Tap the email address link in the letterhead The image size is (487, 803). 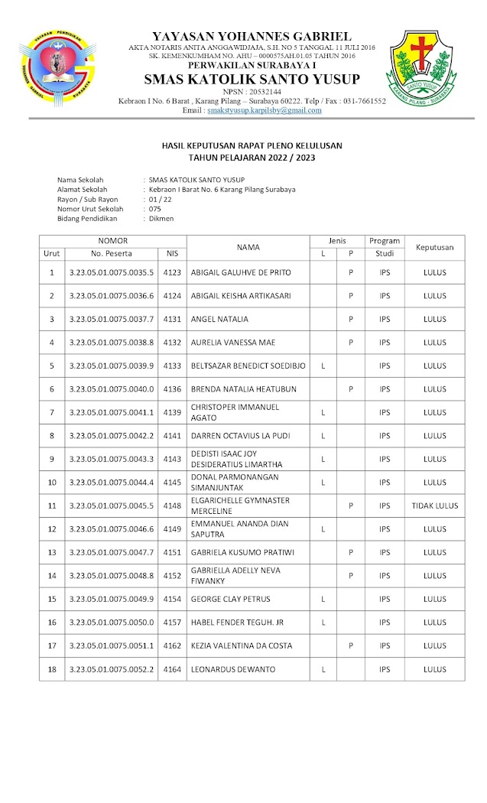(264, 110)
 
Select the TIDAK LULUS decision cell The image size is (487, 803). (434, 506)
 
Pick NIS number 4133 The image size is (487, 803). (172, 366)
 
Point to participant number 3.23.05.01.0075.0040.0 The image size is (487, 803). (112, 388)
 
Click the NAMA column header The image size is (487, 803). (248, 247)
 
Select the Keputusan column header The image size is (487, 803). (434, 247)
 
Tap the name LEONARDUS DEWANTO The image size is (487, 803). (230, 669)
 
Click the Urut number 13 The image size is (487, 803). (52, 552)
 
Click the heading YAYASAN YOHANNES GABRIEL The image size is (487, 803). (252, 36)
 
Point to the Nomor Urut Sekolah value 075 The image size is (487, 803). (155, 209)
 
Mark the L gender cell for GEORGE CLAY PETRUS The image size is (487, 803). (323, 599)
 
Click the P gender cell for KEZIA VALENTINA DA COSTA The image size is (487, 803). (351, 645)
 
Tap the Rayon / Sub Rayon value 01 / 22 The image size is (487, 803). (161, 199)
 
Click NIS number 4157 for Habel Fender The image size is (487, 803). (172, 623)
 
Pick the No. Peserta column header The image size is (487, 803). (112, 253)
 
